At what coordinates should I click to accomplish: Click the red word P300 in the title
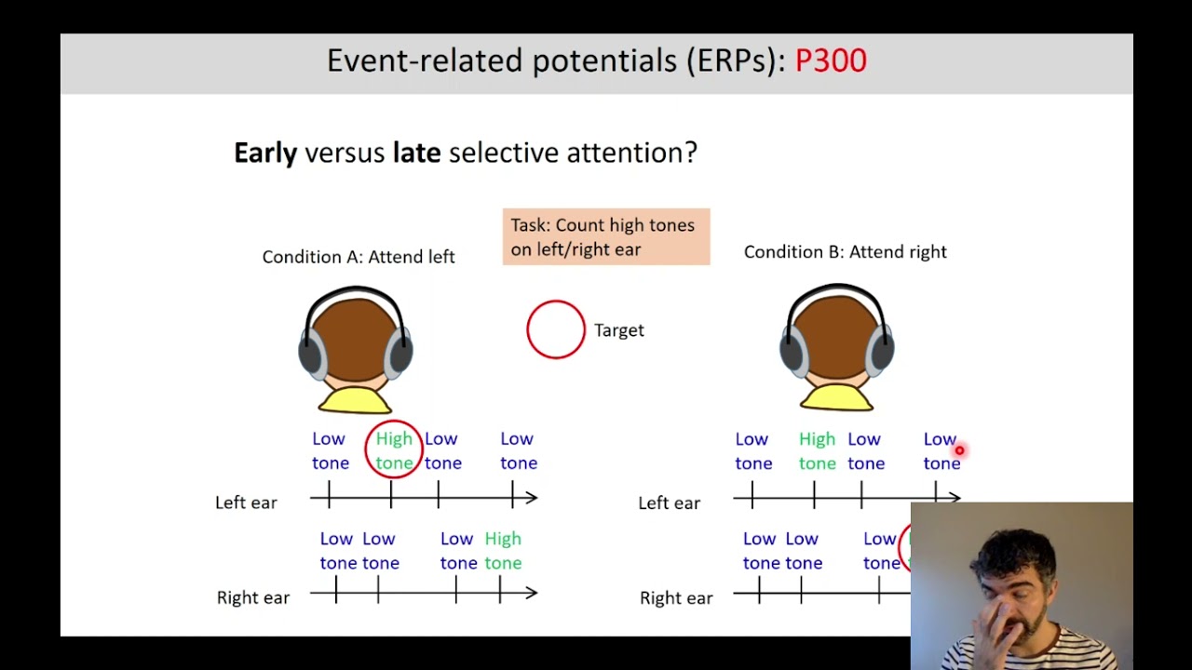click(831, 60)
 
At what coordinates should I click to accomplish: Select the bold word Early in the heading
click(265, 153)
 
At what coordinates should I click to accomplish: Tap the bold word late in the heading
click(416, 153)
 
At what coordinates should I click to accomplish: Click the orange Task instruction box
click(606, 237)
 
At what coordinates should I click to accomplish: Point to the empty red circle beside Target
click(556, 329)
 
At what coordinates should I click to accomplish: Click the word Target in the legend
click(619, 330)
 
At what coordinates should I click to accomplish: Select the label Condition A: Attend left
click(359, 257)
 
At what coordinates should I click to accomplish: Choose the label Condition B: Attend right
click(845, 252)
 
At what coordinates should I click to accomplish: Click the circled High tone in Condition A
click(394, 450)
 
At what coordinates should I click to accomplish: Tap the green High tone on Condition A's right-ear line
click(503, 550)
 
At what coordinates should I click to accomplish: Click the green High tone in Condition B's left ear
click(817, 450)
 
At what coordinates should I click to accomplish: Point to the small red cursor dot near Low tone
click(959, 451)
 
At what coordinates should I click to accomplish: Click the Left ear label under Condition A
click(246, 502)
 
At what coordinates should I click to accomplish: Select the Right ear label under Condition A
click(252, 597)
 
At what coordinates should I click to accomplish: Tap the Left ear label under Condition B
click(669, 503)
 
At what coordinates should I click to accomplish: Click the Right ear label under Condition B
click(676, 598)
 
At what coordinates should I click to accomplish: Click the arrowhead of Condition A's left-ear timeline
click(532, 499)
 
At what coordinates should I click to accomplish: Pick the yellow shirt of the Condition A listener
click(355, 400)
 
